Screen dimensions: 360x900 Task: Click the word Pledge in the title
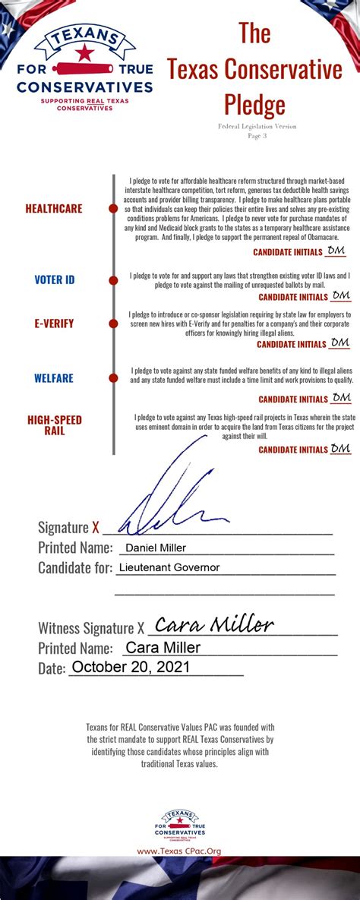[x=254, y=104]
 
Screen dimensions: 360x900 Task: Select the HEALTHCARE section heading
[x=54, y=208]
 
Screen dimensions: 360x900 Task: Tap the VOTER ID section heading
[x=55, y=279]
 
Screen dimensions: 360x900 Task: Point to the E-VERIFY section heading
[x=55, y=323]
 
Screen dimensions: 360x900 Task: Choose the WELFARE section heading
[x=54, y=378]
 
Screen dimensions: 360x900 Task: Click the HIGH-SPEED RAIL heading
[x=55, y=425]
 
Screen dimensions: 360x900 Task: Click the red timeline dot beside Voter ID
[x=113, y=279]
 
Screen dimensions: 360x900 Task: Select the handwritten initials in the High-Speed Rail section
[x=341, y=448]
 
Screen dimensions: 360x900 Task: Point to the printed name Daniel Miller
[x=156, y=548]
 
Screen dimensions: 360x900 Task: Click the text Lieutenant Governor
[x=169, y=567]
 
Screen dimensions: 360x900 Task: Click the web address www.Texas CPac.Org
[x=179, y=851]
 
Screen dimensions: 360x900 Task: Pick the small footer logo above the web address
[x=179, y=826]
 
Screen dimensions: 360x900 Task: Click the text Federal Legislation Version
[x=256, y=126]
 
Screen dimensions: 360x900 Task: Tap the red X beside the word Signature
[x=96, y=527]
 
